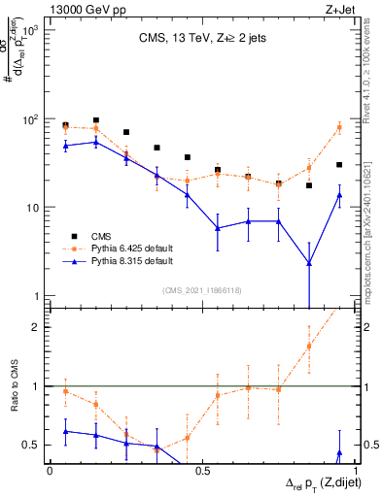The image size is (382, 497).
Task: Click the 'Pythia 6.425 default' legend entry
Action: pyautogui.click(x=124, y=248)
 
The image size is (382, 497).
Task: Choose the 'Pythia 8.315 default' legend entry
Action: pyautogui.click(x=124, y=262)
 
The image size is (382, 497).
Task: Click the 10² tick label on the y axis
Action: pyautogui.click(x=29, y=119)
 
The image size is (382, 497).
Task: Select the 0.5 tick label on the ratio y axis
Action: pyautogui.click(x=33, y=445)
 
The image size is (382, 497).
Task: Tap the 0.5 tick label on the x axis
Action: pyautogui.click(x=202, y=470)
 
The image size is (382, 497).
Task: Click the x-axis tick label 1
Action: pyautogui.click(x=354, y=470)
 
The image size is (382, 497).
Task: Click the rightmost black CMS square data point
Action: pyautogui.click(x=338, y=165)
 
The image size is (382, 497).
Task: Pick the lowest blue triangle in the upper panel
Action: pyautogui.click(x=309, y=262)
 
